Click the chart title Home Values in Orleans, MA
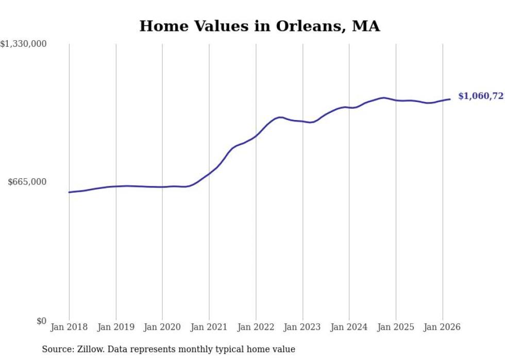260,26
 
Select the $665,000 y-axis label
28,182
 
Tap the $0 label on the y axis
42,321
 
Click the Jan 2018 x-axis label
69,327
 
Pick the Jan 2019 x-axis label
116,327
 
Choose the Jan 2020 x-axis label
162,327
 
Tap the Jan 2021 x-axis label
209,327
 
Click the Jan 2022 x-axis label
256,327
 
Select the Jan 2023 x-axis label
302,327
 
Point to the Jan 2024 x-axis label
349,327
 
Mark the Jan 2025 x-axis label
396,327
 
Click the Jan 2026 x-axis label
442,327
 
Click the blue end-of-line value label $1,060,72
480,96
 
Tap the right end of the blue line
450,99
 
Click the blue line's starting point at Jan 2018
69,192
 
